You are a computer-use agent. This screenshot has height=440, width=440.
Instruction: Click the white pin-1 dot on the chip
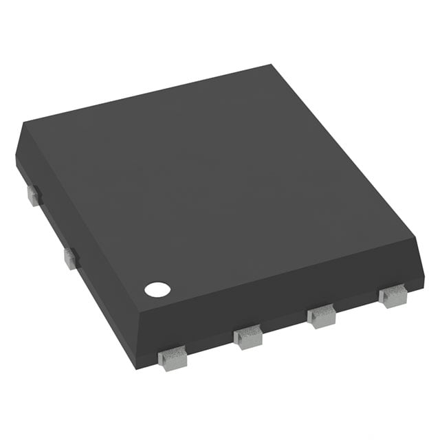coord(157,289)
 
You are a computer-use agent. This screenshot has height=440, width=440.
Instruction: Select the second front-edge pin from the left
coord(247,336)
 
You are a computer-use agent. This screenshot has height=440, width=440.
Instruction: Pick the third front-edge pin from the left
coord(321,316)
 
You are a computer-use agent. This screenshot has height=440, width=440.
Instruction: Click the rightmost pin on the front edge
coord(393,296)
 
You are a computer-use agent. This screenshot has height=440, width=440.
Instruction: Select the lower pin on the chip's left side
coord(71,258)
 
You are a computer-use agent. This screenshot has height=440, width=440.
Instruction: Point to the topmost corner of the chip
coord(270,66)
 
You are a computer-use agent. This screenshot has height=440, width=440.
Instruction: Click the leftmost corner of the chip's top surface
coord(25,124)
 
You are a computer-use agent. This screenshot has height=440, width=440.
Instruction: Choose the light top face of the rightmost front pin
coord(392,292)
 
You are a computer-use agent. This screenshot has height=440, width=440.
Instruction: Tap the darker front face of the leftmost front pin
coord(172,362)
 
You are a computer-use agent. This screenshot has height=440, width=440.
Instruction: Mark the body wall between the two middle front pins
coord(283,329)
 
